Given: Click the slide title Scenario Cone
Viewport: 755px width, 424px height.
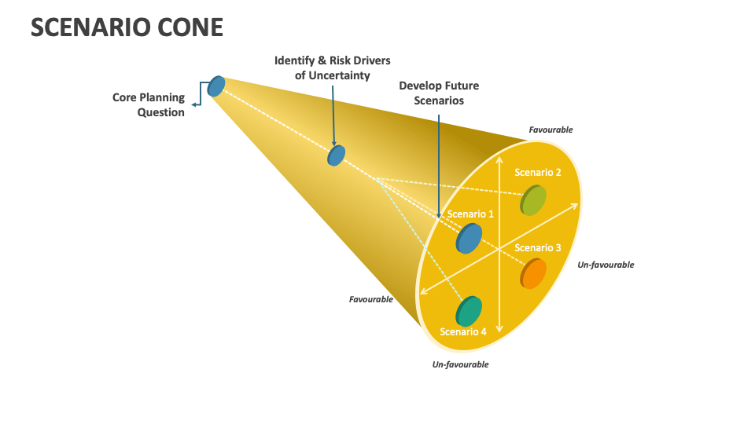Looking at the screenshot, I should pyautogui.click(x=127, y=27).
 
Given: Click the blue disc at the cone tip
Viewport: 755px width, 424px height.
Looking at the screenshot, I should pyautogui.click(x=216, y=86).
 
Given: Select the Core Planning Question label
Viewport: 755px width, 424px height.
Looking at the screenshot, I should pyautogui.click(x=149, y=104).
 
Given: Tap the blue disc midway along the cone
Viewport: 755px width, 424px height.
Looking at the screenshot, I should pyautogui.click(x=337, y=155).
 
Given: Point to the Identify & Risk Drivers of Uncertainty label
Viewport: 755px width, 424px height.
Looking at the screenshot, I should pyautogui.click(x=332, y=68).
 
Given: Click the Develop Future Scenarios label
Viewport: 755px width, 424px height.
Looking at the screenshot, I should pyautogui.click(x=439, y=93).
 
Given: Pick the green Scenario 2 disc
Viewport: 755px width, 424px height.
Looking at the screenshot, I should pyautogui.click(x=533, y=200).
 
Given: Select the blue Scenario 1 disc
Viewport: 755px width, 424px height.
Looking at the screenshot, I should pyautogui.click(x=469, y=238).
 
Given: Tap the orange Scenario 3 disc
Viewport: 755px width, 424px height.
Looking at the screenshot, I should pyautogui.click(x=533, y=273).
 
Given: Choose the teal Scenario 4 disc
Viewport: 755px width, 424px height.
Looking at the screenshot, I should pyautogui.click(x=469, y=311).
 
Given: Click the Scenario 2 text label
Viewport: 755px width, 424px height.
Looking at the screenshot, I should pyautogui.click(x=538, y=172).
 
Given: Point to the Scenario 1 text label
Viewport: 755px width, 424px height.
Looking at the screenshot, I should pyautogui.click(x=470, y=214).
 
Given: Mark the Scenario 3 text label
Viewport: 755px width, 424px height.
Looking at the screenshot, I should pyautogui.click(x=538, y=248).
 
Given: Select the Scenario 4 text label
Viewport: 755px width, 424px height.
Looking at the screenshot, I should pyautogui.click(x=463, y=331).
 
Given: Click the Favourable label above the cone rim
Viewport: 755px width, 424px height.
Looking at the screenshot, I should pyautogui.click(x=551, y=130).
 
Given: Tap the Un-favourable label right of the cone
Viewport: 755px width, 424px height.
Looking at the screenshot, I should pyautogui.click(x=606, y=265).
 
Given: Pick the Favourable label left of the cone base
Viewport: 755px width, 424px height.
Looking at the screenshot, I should pyautogui.click(x=371, y=299).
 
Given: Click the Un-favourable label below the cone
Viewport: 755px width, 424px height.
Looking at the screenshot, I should pyautogui.click(x=460, y=364).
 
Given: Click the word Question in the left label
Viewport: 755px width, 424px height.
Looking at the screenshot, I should pyautogui.click(x=161, y=112).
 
